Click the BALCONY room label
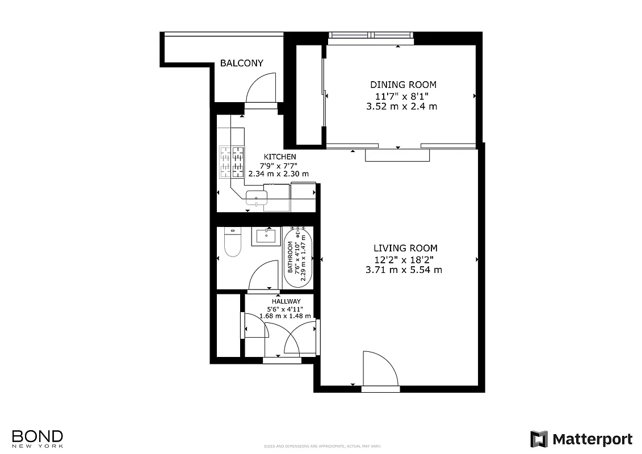pyautogui.click(x=242, y=63)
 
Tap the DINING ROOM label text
pyautogui.click(x=404, y=85)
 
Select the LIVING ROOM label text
pyautogui.click(x=405, y=248)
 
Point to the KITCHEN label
pyautogui.click(x=280, y=157)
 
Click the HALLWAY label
pyautogui.click(x=286, y=301)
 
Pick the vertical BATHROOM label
pyautogui.click(x=290, y=258)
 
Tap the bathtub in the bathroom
pyautogui.click(x=299, y=258)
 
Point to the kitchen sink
pyautogui.click(x=257, y=197)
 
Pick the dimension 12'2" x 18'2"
pyautogui.click(x=404, y=259)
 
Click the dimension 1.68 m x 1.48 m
pyautogui.click(x=285, y=316)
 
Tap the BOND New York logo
pyautogui.click(x=37, y=438)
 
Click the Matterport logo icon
pyautogui.click(x=539, y=439)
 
